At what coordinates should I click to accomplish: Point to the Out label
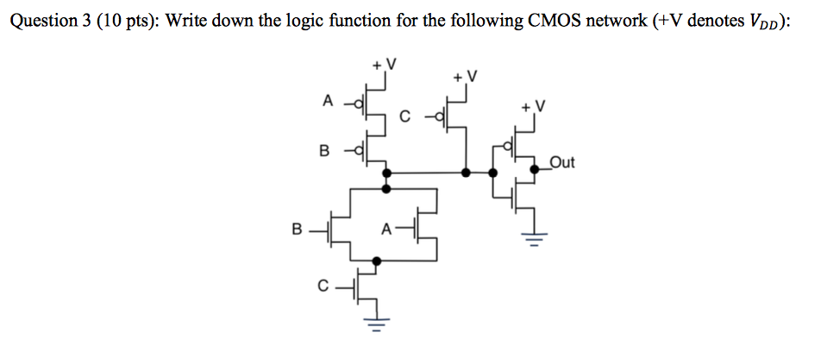coord(561,160)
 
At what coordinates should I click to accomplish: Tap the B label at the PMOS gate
coord(324,152)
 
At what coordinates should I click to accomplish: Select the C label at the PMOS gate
coord(406,115)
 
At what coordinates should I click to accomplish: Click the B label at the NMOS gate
coord(297,230)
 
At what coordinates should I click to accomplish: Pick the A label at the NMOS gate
coord(386,229)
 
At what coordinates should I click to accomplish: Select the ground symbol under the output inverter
coord(531,238)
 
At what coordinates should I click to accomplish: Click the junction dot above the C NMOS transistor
coord(376,260)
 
